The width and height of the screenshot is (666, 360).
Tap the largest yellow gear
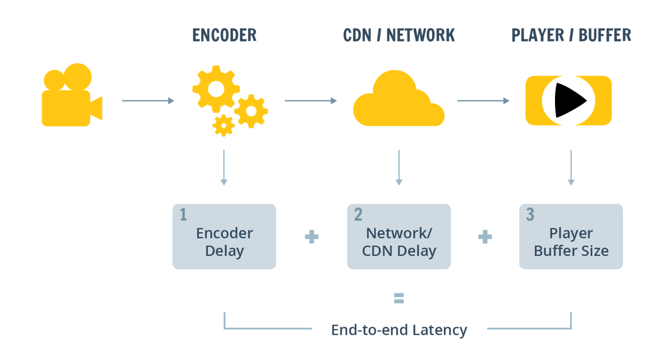[216, 89]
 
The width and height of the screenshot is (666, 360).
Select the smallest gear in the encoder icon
[223, 125]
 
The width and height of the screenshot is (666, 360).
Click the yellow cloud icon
[399, 101]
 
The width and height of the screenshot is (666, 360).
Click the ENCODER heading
[225, 35]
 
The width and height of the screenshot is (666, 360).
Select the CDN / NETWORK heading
[399, 35]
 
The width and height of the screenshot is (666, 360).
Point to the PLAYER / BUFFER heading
[571, 35]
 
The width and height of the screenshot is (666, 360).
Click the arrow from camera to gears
[148, 101]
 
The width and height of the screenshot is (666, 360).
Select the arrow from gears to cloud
[310, 101]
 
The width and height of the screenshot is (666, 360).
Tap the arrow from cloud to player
[483, 101]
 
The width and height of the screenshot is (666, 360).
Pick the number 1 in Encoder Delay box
[183, 215]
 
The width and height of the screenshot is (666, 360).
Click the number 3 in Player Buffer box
[530, 215]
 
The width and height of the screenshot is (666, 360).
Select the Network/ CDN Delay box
[399, 236]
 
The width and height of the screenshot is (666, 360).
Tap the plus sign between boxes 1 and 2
[312, 237]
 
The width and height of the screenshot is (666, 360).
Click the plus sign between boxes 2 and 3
[485, 237]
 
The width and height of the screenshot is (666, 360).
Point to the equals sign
[399, 299]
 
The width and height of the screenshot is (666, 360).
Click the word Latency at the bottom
[440, 330]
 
